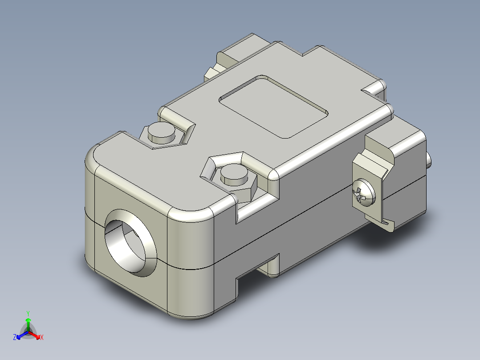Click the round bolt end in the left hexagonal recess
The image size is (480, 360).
(x=161, y=132)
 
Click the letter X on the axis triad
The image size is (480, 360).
(x=41, y=337)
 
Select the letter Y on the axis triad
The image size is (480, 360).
(x=28, y=313)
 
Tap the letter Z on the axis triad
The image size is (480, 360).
(x=15, y=337)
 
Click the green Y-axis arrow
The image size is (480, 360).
(x=28, y=323)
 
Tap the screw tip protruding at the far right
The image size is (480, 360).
(x=429, y=160)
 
